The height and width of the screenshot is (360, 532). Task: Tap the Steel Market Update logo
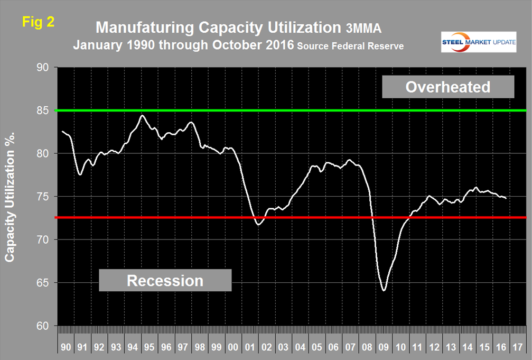coord(479,41)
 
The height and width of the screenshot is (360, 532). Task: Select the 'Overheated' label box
coord(448,86)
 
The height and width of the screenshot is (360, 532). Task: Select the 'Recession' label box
coord(165,280)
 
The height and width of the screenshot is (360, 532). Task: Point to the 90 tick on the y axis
coord(42,68)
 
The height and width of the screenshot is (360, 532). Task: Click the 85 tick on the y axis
coord(42,110)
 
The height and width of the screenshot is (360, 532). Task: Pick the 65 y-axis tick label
coord(42,283)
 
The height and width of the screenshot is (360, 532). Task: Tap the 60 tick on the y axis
coord(42,326)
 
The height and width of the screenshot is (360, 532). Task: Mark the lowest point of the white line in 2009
coord(384,290)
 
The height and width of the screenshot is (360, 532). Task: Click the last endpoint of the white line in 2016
coord(506,198)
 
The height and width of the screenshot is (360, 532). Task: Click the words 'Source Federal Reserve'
coord(351,47)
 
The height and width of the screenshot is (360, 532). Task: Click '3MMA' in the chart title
coord(281,27)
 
